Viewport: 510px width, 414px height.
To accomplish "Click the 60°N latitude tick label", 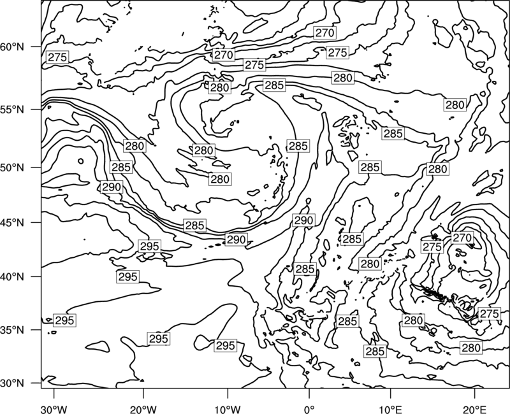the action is [x=12, y=47].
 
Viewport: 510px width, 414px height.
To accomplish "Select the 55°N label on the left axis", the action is [x=12, y=110].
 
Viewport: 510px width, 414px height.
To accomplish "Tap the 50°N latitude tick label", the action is [x=12, y=168].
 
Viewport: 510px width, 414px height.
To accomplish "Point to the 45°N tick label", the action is [x=12, y=222].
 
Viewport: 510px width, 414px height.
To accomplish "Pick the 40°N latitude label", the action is [x=12, y=277].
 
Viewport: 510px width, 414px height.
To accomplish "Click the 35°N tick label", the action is [x=12, y=330].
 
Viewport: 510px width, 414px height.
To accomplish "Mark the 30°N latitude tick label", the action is [x=12, y=383].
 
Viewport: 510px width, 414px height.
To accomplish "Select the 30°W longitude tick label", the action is [x=54, y=409].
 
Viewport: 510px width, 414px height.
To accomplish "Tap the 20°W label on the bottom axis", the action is [x=143, y=409].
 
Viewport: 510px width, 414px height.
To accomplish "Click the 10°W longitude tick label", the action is [x=228, y=409].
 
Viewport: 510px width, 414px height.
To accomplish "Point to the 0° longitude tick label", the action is [x=309, y=409].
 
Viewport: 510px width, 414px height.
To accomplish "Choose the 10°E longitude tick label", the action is [x=390, y=409].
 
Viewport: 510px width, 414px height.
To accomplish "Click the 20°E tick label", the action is [x=474, y=409].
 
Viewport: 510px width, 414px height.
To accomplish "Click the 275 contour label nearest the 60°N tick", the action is [x=57, y=57].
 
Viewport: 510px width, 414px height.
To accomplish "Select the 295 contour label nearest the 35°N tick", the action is [x=65, y=320].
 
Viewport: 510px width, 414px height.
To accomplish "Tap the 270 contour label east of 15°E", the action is [x=462, y=238].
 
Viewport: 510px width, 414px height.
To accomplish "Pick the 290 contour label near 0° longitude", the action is [x=303, y=220].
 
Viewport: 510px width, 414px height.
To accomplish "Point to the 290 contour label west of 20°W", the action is [x=112, y=187].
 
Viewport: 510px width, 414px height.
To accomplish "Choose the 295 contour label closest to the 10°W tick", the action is [x=226, y=345].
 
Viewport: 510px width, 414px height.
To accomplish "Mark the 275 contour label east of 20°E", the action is [x=489, y=313].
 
